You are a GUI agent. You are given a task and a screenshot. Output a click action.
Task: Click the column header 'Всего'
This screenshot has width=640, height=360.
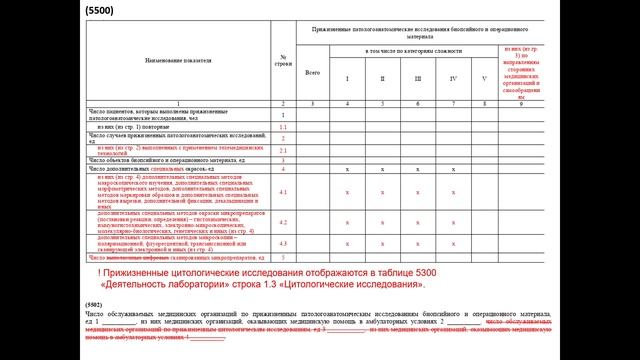coord(312,72)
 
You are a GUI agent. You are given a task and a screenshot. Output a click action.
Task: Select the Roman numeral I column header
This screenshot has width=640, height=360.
coord(347,77)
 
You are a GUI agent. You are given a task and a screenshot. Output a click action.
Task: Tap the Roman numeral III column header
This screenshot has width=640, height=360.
coord(418,77)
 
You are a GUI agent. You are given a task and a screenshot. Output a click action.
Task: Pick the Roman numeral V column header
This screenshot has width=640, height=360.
coord(486,77)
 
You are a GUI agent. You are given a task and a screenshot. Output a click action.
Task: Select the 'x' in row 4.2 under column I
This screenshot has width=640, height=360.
coord(347,222)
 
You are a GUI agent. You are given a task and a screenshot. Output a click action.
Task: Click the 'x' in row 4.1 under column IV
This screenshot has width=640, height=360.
coord(453,192)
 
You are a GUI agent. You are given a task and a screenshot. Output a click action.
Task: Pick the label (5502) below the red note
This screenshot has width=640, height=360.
coord(95,302)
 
